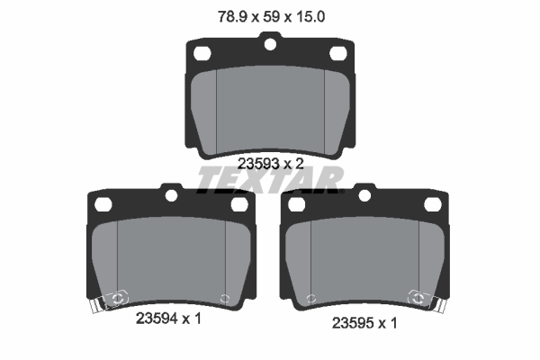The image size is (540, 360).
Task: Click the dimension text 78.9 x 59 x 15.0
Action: pos(272,16)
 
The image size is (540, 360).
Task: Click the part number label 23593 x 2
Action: pos(271,164)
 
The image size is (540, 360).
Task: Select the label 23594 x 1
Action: pos(168,319)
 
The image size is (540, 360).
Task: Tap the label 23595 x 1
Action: pos(364,323)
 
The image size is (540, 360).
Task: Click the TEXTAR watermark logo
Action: pos(270,180)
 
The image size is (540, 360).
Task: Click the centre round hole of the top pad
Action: pos(270,44)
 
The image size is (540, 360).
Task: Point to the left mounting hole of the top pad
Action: pos(202,53)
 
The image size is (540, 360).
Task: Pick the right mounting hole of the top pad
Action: pos(337,53)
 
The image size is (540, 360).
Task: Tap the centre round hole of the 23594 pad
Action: pos(171,195)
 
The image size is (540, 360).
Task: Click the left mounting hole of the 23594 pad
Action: pos(103,204)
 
